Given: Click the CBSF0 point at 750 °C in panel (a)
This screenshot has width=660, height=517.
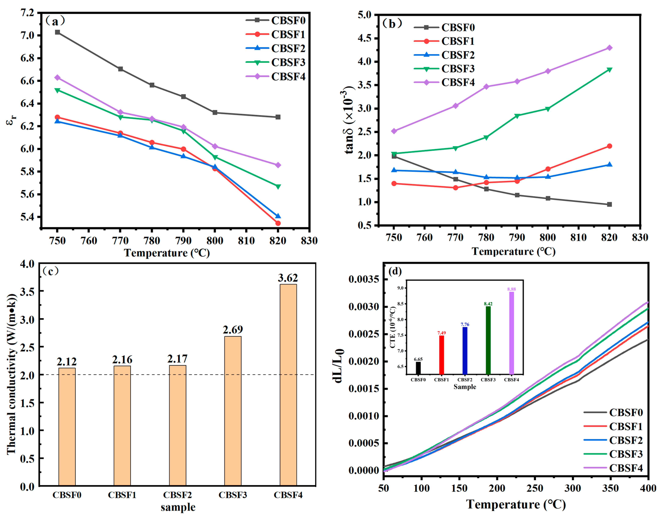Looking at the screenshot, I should pyautogui.click(x=57, y=32).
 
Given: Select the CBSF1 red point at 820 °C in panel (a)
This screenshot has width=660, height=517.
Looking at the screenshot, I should pyautogui.click(x=278, y=223).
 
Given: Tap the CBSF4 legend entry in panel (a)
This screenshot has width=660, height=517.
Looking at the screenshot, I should pyautogui.click(x=288, y=77).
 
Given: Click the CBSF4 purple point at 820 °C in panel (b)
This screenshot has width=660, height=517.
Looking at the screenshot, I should pyautogui.click(x=609, y=48).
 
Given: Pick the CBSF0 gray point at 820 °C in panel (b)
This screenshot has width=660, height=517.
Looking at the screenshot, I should pyautogui.click(x=609, y=204).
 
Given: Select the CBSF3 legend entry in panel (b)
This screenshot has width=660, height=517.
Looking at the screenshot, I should pyautogui.click(x=458, y=69).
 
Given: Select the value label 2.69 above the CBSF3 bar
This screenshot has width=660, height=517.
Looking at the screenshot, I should pyautogui.click(x=233, y=329).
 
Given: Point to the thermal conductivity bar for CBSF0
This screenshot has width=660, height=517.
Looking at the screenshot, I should pyautogui.click(x=67, y=427).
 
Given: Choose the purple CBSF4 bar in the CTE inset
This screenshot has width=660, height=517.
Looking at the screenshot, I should pyautogui.click(x=511, y=333).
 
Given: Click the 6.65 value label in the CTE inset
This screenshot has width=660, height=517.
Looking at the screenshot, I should pyautogui.click(x=418, y=359).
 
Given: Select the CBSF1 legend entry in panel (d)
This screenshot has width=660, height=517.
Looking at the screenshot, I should pyautogui.click(x=625, y=426).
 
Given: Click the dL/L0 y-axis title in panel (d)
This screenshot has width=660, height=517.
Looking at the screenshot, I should pyautogui.click(x=339, y=366).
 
